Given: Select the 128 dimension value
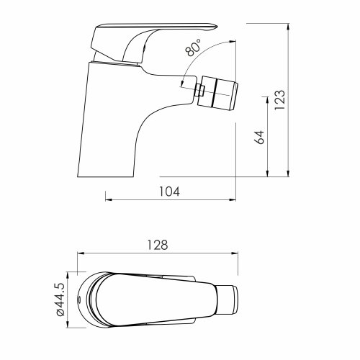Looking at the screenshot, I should (159, 244).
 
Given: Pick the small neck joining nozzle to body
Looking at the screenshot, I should (199, 91).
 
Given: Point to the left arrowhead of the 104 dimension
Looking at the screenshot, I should (109, 198).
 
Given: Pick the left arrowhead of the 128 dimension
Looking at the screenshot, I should (81, 253).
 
